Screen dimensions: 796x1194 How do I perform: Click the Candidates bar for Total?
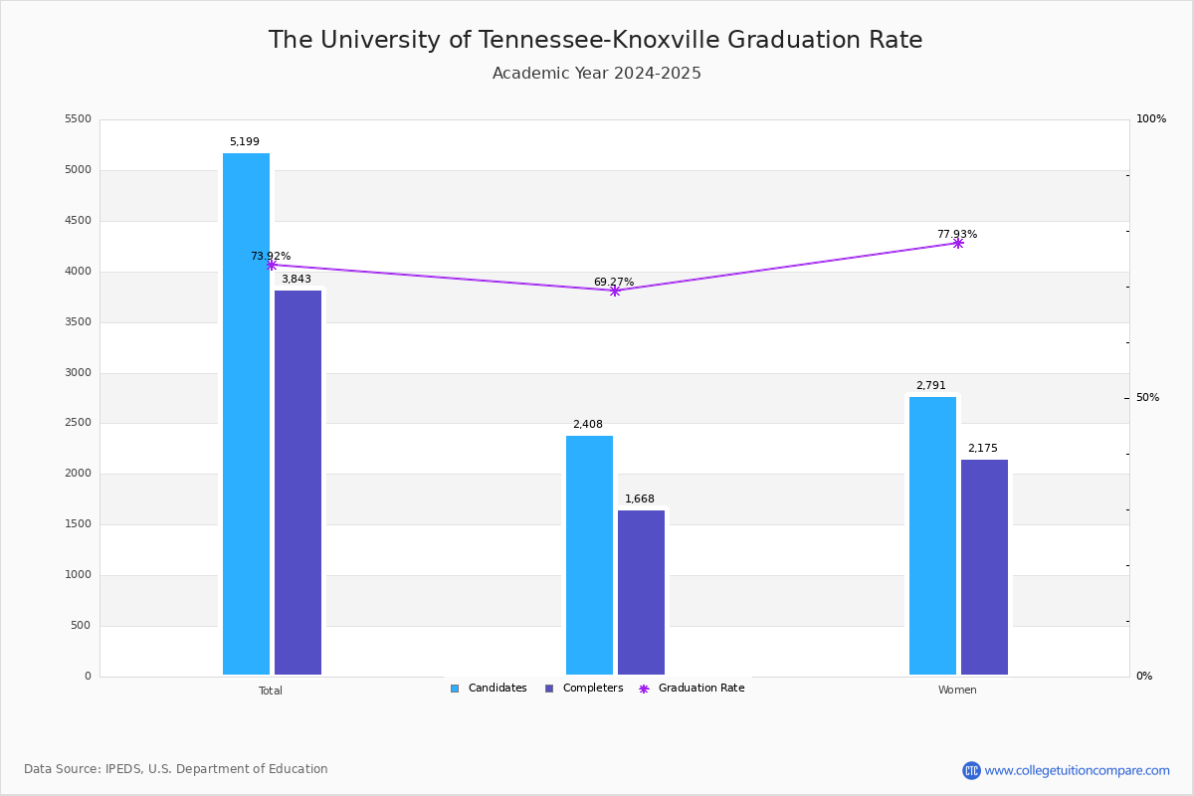coord(246,414)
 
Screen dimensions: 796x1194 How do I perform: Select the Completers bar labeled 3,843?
coord(298,483)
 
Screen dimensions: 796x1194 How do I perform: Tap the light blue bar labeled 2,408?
coord(589,555)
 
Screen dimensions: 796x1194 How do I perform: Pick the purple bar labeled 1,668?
coord(641,593)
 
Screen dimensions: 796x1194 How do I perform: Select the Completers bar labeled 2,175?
coord(984,567)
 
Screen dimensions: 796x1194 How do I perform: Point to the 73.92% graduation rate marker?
coord(271,265)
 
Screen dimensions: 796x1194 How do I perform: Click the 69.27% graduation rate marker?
coord(614,291)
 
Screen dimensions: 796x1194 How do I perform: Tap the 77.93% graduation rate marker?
coord(957,243)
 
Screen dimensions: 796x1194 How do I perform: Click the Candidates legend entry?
coord(489,689)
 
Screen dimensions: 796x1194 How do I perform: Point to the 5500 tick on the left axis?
coord(77,119)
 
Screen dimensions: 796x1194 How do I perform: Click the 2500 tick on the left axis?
coord(77,423)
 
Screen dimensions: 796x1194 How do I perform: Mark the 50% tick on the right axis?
coord(1147,398)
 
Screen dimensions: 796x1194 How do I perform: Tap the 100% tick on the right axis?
coord(1150,119)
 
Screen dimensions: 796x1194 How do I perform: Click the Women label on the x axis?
coord(957,691)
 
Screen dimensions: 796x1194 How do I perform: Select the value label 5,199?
coord(244,142)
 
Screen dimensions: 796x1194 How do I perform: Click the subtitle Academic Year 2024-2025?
coord(597,74)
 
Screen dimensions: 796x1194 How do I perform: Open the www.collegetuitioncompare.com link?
coord(1077,770)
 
